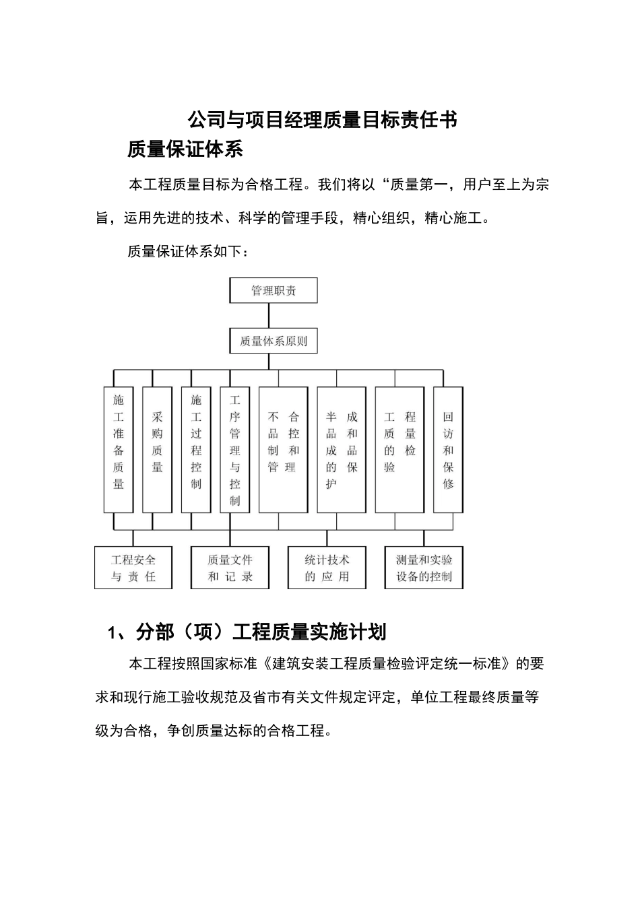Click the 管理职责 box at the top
tap(274, 291)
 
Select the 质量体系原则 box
tap(274, 341)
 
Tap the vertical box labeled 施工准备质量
tap(119, 449)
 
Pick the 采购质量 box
tap(158, 449)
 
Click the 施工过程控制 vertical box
tap(196, 449)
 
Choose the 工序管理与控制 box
tap(234, 449)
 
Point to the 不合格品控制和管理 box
tap(283, 449)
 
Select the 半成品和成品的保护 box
tap(342, 449)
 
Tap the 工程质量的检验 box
tap(399, 449)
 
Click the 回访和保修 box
tap(448, 449)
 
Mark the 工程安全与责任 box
tap(133, 568)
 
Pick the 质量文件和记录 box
tap(230, 568)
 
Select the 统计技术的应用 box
tap(327, 568)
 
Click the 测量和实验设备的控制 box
tap(424, 568)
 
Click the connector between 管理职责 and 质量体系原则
tap(269, 316)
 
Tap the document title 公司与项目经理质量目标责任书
tap(323, 120)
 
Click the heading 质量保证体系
tap(185, 149)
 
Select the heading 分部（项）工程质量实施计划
tap(247, 632)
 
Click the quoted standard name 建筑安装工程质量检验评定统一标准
tap(387, 664)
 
